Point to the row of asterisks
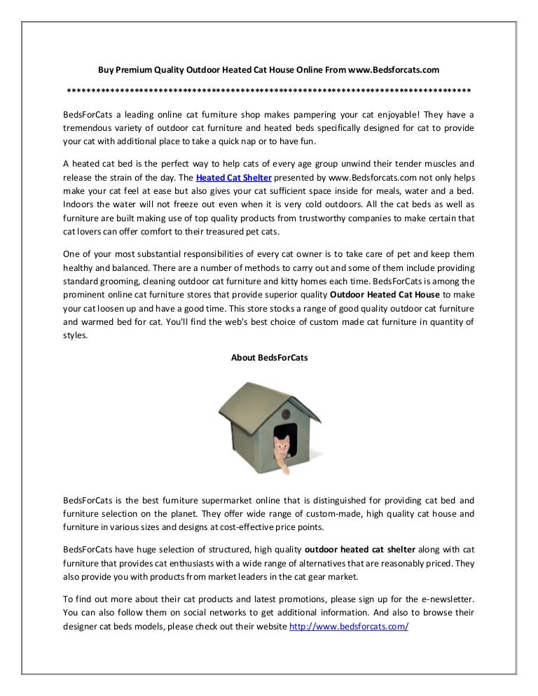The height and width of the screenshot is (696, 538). coord(268,91)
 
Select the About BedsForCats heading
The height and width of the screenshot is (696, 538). coord(269,357)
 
